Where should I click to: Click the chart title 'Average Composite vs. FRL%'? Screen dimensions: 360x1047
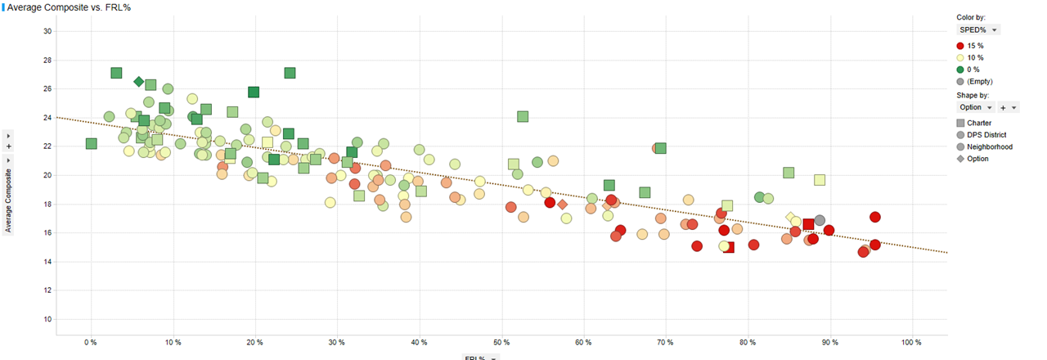pos(69,7)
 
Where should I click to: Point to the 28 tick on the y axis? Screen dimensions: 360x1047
pos(47,60)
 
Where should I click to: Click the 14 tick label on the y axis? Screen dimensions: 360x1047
pos(47,262)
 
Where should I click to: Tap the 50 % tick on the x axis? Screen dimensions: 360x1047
pos(501,342)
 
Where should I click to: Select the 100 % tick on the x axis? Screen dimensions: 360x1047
pos(911,342)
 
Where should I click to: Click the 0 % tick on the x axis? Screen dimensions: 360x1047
pos(91,342)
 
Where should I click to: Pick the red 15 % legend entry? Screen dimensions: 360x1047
pos(975,46)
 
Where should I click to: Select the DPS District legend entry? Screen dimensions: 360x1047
pos(986,135)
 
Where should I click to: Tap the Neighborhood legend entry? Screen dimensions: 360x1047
pos(989,146)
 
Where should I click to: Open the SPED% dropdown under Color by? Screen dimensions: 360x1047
pos(980,29)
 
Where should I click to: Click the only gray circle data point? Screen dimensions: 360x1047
pos(820,221)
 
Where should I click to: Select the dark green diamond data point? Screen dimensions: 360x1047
pos(139,82)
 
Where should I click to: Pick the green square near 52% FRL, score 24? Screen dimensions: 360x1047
pos(523,117)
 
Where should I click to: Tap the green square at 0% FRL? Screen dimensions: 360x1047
pos(91,144)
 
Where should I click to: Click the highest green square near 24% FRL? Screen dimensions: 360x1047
pos(290,73)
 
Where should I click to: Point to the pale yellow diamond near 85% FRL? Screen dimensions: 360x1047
pos(790,218)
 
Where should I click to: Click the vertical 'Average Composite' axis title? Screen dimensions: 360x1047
pos(8,200)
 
